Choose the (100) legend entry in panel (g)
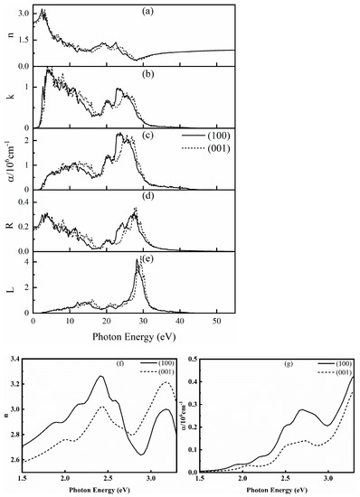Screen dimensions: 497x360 coord(339,363)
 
